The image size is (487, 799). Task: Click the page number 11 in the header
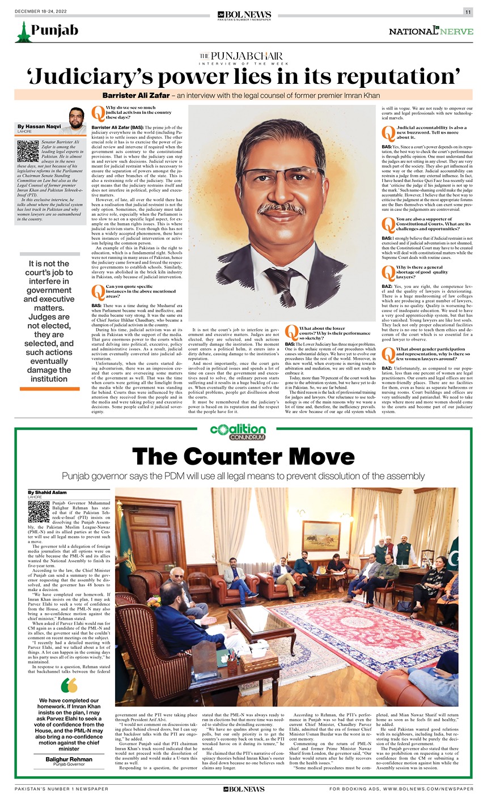[468, 12]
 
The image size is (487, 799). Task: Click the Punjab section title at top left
[55, 30]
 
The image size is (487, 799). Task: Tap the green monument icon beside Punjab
[22, 31]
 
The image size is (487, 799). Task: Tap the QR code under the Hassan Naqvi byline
[28, 151]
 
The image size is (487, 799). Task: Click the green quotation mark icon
[69, 686]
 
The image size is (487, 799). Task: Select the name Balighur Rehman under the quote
[69, 759]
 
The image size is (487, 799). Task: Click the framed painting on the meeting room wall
[321, 535]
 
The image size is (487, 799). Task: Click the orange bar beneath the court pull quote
[50, 388]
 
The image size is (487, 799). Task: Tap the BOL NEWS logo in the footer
[243, 788]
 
